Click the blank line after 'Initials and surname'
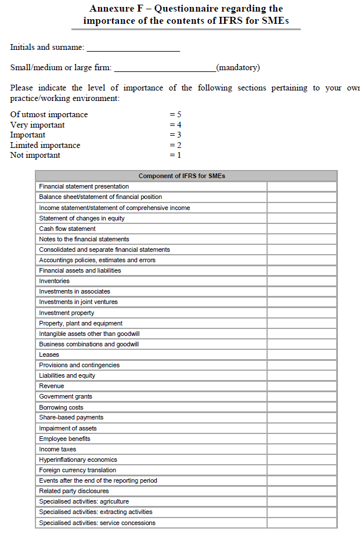pos(133,48)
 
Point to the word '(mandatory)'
pos(237,68)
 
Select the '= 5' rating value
pos(175,115)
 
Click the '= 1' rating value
pos(175,155)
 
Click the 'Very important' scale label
pos(38,125)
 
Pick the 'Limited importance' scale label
pos(45,146)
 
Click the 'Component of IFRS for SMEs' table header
pos(186,176)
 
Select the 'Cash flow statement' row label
pos(67,229)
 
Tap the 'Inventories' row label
pos(54,281)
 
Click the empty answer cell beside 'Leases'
pos(302,354)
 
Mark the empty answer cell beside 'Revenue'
pos(302,386)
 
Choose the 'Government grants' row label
pos(66,396)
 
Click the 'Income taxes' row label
pos(57,449)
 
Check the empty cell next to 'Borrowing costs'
pos(302,407)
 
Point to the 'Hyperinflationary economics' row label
pos(78,460)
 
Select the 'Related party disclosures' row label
pos(74,491)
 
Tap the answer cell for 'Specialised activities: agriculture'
pos(302,501)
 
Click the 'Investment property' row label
pos(66,313)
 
